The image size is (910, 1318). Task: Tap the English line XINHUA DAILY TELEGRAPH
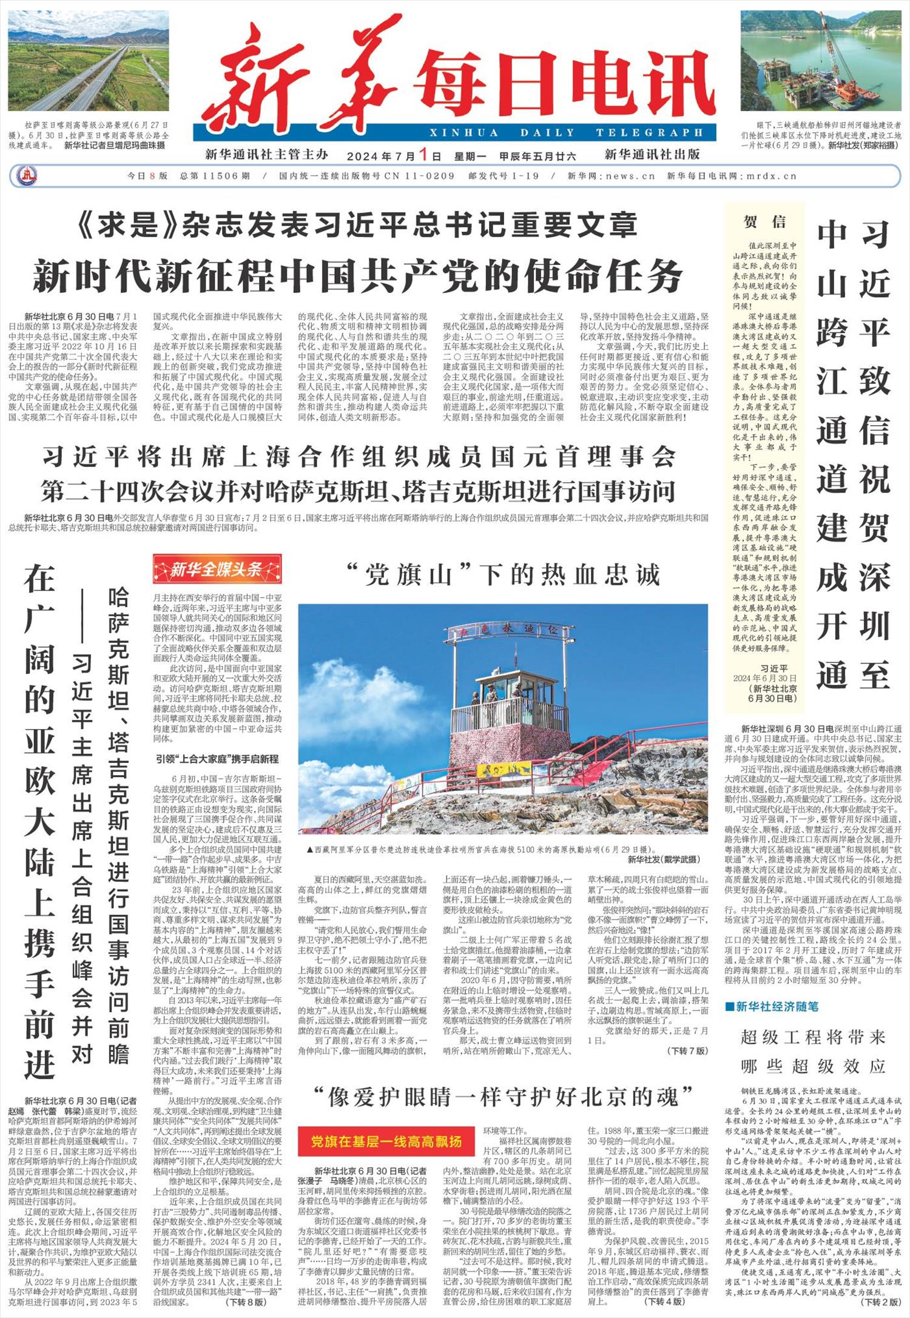(x=567, y=133)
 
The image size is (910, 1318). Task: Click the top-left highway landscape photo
(x=89, y=61)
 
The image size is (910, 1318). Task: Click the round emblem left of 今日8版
(x=26, y=176)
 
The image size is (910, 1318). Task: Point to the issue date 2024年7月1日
(x=394, y=155)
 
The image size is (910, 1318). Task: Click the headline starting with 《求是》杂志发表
(x=358, y=225)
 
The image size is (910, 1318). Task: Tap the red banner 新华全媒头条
(x=217, y=569)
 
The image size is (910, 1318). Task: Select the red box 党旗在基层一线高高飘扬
(x=386, y=1141)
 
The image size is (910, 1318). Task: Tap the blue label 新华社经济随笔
(x=771, y=1006)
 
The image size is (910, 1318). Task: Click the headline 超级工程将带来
(x=812, y=1037)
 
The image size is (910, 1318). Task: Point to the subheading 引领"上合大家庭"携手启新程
(x=217, y=759)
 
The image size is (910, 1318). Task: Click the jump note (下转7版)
(x=687, y=1050)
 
